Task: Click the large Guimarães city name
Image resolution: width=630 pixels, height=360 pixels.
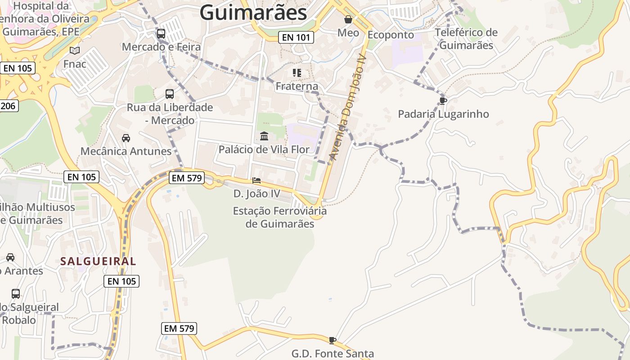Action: pyautogui.click(x=253, y=12)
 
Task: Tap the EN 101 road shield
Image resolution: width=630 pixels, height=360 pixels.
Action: pyautogui.click(x=296, y=37)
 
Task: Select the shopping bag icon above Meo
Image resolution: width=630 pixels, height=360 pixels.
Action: pyautogui.click(x=348, y=19)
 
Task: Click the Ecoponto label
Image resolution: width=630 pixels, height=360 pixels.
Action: pyautogui.click(x=391, y=35)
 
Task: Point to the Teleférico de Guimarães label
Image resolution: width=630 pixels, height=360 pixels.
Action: pyautogui.click(x=466, y=39)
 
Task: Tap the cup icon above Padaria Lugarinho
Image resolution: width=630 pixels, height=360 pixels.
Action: pyautogui.click(x=443, y=101)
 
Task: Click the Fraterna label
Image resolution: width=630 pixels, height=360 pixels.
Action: pyautogui.click(x=297, y=86)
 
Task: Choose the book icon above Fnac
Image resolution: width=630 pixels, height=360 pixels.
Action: pyautogui.click(x=75, y=51)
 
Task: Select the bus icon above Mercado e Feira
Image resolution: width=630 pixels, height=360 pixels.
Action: pyautogui.click(x=161, y=33)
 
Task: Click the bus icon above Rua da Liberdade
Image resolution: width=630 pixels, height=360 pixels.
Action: pyautogui.click(x=170, y=94)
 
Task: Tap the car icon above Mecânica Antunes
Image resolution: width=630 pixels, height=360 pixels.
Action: pyautogui.click(x=126, y=138)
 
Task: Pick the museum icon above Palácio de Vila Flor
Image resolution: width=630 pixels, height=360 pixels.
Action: pyautogui.click(x=264, y=136)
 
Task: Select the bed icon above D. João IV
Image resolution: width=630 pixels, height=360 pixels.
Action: pyautogui.click(x=256, y=180)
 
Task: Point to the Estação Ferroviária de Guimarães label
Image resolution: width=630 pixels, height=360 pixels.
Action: pyautogui.click(x=279, y=217)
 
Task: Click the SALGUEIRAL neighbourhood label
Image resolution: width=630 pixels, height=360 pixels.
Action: pyautogui.click(x=98, y=261)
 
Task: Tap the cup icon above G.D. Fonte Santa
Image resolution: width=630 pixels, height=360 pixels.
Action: pyautogui.click(x=333, y=340)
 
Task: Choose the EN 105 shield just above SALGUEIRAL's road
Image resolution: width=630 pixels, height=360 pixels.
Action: pyautogui.click(x=121, y=281)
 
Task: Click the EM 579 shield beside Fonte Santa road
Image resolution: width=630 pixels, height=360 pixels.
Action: pyautogui.click(x=179, y=328)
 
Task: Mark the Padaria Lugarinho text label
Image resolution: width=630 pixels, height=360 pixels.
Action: pyautogui.click(x=443, y=114)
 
